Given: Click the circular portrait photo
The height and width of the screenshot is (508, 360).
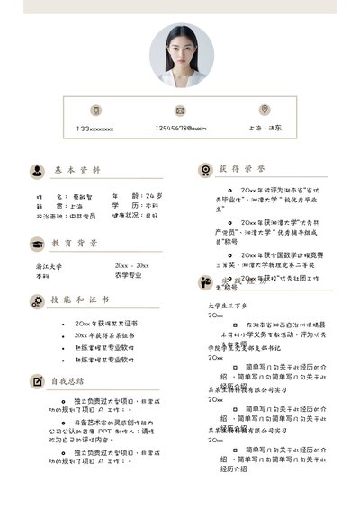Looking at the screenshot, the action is coord(182,55).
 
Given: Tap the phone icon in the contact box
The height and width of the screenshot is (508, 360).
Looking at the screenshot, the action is coord(94,111).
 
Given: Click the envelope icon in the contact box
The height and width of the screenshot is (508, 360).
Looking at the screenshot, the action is coord(180,111).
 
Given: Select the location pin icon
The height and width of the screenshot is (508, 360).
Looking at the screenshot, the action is coord(265,110).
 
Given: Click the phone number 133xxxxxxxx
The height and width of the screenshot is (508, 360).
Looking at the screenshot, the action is coord(94,129).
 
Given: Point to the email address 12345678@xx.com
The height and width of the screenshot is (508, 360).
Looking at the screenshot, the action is coord(180,129).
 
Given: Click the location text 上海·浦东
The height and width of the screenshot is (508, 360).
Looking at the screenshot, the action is coord(265,129).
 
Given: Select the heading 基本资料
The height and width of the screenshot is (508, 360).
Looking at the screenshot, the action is coord(76,170).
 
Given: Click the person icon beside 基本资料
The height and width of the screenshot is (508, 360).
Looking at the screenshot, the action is coord(37,170).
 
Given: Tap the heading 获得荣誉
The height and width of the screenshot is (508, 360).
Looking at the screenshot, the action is coord(242,169).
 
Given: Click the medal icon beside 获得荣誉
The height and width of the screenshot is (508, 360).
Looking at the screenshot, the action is coord(204,169).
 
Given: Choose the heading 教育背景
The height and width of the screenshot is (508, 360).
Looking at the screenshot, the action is coord(75,243).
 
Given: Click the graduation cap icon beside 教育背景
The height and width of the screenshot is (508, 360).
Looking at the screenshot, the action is coord(37,244).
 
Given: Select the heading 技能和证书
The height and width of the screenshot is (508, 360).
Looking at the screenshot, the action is coord(80,299).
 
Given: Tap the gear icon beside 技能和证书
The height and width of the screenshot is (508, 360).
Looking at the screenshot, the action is coord(37,300).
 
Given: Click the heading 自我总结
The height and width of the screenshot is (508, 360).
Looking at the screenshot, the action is coord(67,380).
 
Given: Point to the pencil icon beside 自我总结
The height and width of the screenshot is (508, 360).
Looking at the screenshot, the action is coord(37,381).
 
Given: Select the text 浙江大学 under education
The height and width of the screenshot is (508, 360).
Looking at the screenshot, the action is coord(49,266).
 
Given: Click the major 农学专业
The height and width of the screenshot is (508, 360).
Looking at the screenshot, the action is coord(128,275).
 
